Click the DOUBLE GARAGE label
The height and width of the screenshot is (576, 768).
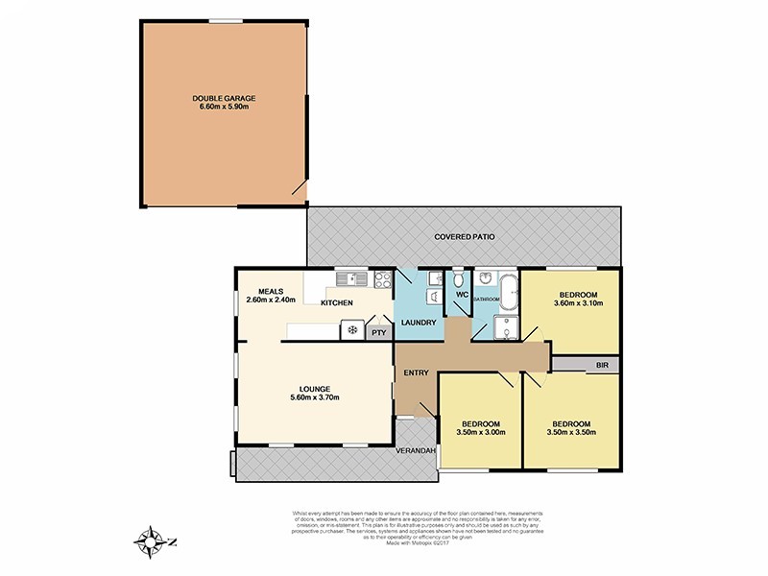223,97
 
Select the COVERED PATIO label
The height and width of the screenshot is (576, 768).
465,235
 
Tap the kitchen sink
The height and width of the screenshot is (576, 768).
350,279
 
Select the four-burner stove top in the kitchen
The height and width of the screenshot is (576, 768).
381,280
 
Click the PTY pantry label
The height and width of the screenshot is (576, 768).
378,333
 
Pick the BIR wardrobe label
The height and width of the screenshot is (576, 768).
601,366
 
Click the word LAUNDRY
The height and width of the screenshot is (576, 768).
419,323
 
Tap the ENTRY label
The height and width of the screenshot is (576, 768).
416,372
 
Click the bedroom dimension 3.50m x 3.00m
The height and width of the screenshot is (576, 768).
480,433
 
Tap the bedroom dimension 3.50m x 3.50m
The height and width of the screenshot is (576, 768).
570,432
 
